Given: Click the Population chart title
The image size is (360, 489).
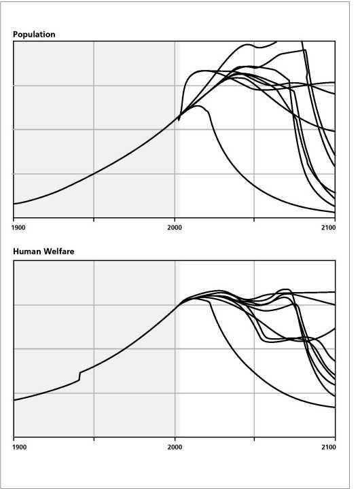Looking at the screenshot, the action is pos(34,35).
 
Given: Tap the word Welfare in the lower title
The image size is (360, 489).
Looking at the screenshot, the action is pos(59,251).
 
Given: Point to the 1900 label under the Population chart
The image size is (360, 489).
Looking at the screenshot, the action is pos(18,228).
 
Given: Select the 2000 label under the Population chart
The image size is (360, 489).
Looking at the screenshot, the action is pos(175,228).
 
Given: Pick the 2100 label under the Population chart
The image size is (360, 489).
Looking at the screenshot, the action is pos(329,228).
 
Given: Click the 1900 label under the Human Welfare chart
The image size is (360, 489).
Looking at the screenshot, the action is pos(19,447).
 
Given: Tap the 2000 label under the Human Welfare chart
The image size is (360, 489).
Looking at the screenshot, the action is pos(175,447).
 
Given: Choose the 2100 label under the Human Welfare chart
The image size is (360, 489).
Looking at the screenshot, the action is pos(329,447).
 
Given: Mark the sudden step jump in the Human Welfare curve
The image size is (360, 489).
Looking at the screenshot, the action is pos(79,376).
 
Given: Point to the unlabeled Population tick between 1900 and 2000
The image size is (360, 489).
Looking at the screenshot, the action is pos(94,219).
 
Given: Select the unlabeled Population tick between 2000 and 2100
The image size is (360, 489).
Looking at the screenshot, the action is pos(254,219).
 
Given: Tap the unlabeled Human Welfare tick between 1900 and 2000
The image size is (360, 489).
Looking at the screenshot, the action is pos(94,439).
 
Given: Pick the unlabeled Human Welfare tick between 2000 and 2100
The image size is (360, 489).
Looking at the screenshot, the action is pos(254,439).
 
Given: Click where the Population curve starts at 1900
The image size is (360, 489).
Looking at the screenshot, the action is pos(14,204).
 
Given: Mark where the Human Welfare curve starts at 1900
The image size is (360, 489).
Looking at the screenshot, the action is pos(14,400).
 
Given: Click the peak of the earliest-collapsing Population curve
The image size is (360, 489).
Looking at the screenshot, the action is pos(198,106).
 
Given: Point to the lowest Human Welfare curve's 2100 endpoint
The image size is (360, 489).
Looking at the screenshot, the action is pos(335,407).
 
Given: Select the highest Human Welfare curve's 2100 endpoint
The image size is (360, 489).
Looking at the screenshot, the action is pos(335,292).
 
